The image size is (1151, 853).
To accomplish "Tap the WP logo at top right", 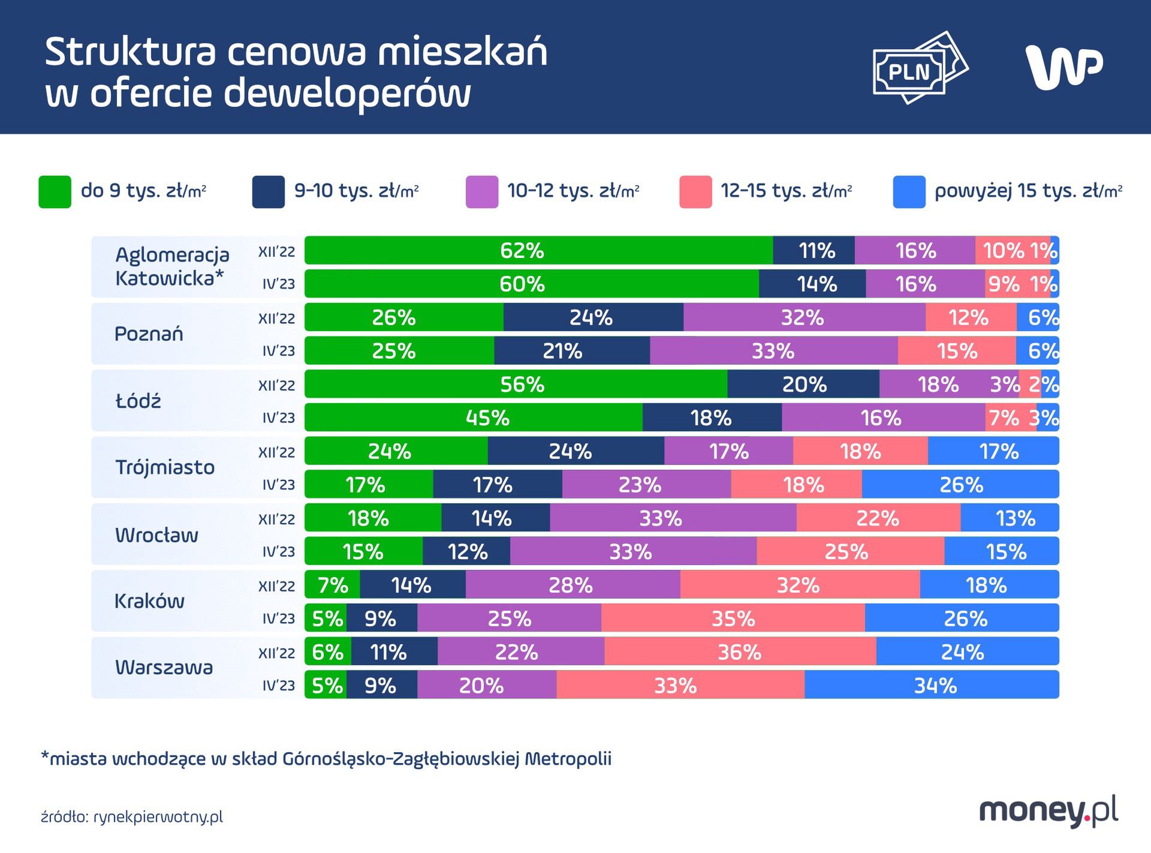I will [x=1064, y=67].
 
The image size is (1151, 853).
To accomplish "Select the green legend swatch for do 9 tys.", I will [x=55, y=192].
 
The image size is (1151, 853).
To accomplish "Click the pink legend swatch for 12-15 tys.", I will [x=695, y=192].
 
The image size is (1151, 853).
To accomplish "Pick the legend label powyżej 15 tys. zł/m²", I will [x=1028, y=191].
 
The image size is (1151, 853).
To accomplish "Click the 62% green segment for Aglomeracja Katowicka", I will [x=522, y=250].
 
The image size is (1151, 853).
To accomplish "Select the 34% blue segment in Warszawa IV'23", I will [x=934, y=685].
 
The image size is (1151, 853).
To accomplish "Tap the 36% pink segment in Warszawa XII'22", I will [x=740, y=652].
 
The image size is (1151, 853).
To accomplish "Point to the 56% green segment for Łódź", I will [x=522, y=384].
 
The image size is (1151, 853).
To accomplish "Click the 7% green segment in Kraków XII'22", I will [x=332, y=585].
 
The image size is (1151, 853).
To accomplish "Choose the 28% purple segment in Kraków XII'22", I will [x=571, y=585].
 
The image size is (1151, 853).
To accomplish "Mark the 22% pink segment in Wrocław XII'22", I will [x=878, y=518].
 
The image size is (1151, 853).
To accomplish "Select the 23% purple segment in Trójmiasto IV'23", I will [x=640, y=484].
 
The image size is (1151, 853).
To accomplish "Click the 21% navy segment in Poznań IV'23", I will [x=562, y=351].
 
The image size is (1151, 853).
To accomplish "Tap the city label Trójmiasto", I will [x=165, y=467].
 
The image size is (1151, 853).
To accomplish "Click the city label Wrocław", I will [x=156, y=534].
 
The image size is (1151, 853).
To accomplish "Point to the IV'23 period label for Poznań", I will [x=279, y=351].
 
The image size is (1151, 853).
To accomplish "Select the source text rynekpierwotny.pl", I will [x=158, y=816].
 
